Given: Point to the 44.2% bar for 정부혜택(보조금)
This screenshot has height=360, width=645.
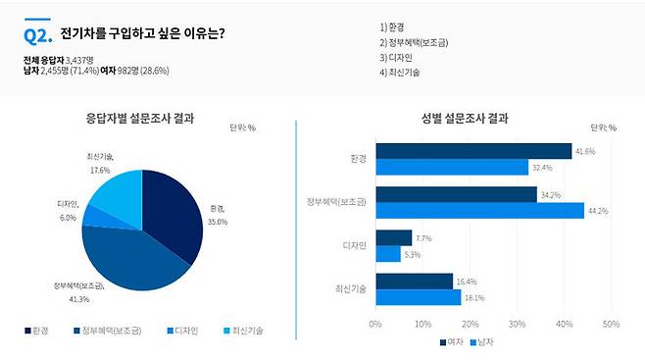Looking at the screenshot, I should [x=479, y=211].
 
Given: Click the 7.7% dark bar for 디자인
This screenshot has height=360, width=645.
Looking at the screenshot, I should [x=393, y=237].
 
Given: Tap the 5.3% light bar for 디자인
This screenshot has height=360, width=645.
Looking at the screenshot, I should [x=387, y=253].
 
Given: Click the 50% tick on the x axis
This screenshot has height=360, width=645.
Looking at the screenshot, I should [x=610, y=324].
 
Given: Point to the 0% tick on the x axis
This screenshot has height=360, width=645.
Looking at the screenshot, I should [x=375, y=324].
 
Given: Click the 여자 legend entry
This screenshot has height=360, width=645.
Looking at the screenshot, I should [x=451, y=341].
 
